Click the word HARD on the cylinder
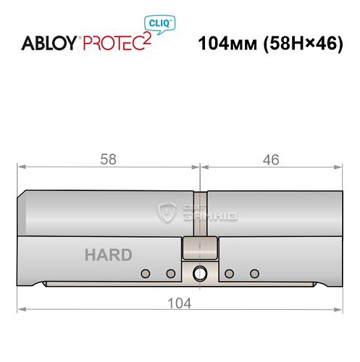coord(108,255)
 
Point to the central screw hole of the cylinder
coord(198,274)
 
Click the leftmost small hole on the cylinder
coord(146,274)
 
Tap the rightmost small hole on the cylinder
coord(254,274)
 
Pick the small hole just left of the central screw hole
coord(171,274)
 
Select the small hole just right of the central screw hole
coord(229,274)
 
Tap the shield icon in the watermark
coord(167,212)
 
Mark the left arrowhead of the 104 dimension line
coord(22,311)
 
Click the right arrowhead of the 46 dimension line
coord(338,167)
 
